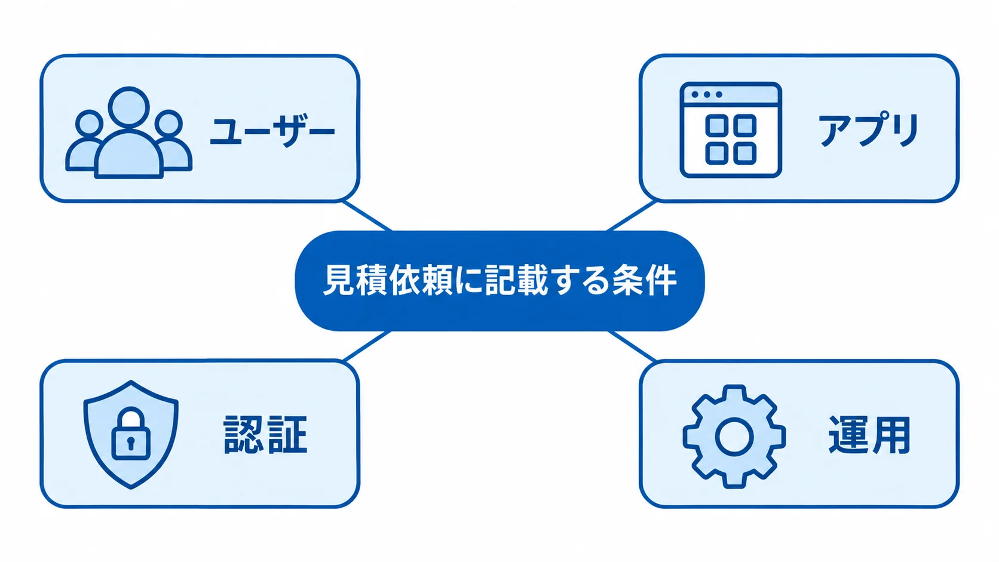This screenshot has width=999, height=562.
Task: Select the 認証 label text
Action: (x=265, y=435)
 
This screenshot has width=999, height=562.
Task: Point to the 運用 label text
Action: (x=869, y=435)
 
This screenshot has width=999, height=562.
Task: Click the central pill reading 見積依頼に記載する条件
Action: (x=499, y=281)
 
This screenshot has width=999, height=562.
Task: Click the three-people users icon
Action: (x=129, y=133)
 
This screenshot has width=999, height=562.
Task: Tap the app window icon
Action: (x=731, y=130)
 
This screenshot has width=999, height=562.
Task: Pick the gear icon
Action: (x=734, y=437)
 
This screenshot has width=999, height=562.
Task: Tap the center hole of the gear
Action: (x=734, y=437)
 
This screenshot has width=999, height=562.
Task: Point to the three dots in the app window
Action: (x=707, y=94)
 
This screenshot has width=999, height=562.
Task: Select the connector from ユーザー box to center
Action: (x=367, y=216)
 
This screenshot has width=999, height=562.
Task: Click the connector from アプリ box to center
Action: (x=632, y=216)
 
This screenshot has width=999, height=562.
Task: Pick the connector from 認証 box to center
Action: (x=367, y=346)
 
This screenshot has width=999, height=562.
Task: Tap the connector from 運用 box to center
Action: (x=632, y=346)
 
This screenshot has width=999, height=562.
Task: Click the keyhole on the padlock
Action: (x=131, y=443)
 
